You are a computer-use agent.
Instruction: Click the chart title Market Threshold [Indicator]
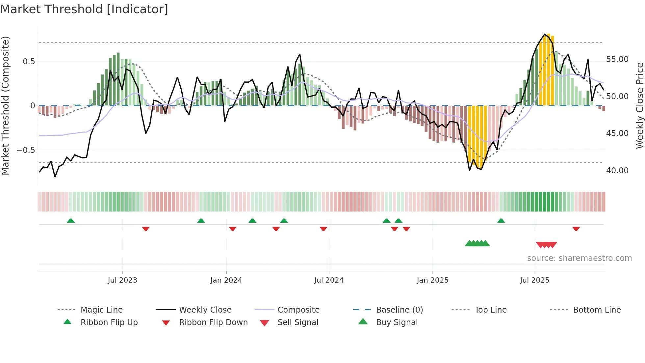click(x=84, y=9)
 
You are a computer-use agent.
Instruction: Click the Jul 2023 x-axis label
click(x=122, y=280)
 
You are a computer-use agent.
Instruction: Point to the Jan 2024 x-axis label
click(x=226, y=280)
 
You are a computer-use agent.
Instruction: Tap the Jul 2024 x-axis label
click(x=329, y=280)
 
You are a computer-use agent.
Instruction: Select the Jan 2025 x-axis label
click(x=432, y=280)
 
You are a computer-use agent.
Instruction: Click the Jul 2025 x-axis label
click(x=534, y=280)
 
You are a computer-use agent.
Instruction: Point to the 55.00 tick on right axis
click(x=617, y=59)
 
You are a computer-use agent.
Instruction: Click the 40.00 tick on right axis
click(x=617, y=171)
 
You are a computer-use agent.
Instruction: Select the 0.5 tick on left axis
click(x=29, y=62)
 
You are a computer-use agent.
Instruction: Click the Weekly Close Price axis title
click(x=639, y=105)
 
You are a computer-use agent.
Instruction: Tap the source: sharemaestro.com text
click(x=579, y=258)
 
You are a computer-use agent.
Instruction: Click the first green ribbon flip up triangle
click(x=71, y=221)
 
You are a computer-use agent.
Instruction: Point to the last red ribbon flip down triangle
click(x=576, y=229)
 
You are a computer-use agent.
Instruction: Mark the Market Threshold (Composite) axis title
click(x=5, y=105)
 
